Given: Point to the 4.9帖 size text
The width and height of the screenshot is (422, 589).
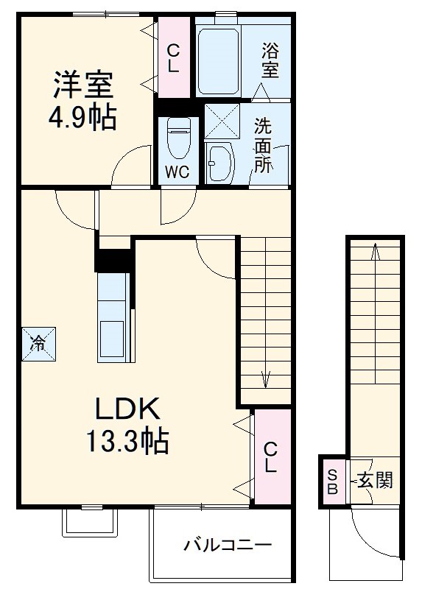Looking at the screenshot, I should click(x=82, y=118).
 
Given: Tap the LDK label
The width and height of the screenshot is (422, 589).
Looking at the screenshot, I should click(x=124, y=409).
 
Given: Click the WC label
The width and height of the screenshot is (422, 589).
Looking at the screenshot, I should click(x=177, y=172).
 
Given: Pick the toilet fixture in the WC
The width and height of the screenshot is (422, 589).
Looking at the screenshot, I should click(x=177, y=139).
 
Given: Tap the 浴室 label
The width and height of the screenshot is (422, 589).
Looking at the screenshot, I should click(x=270, y=61).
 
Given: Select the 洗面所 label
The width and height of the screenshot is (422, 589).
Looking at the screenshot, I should click(x=263, y=145).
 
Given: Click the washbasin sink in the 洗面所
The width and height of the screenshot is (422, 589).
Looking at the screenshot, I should click(x=219, y=161).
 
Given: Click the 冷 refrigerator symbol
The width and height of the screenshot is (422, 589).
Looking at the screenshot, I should click(x=37, y=342).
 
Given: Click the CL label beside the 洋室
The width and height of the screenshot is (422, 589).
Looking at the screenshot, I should click(x=173, y=58).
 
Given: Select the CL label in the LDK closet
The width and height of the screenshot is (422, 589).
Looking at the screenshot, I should click(x=270, y=456).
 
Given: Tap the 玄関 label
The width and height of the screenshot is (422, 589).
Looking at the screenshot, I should click(x=375, y=481).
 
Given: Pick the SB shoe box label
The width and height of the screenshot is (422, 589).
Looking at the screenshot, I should click(x=331, y=481).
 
